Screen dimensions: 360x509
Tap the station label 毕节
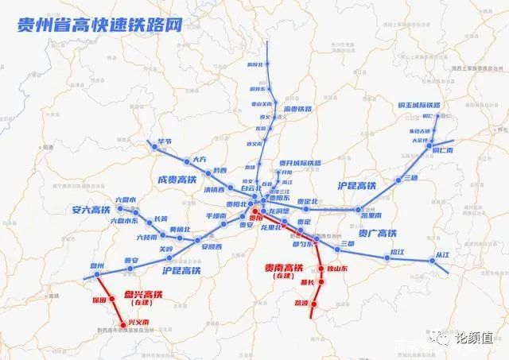[x=165, y=141]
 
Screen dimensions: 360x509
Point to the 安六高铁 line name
[x=82, y=211]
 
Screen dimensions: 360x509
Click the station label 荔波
[x=301, y=303]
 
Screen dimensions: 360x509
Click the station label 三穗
[x=410, y=178]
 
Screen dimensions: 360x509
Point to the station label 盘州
[x=97, y=265]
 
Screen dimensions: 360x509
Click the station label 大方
[x=198, y=159]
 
